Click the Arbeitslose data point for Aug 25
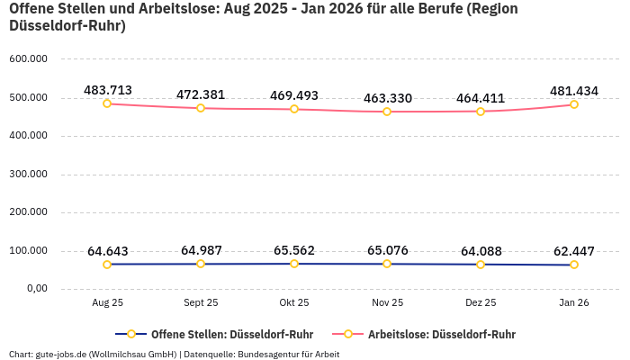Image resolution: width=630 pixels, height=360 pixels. (x=107, y=103)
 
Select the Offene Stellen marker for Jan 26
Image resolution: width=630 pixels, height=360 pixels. (x=574, y=265)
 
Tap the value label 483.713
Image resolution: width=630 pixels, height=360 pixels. (x=108, y=90)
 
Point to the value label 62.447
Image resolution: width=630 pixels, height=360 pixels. (x=574, y=251)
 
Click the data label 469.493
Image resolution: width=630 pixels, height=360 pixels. (x=294, y=95)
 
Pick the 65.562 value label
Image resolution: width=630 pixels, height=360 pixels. (x=294, y=250)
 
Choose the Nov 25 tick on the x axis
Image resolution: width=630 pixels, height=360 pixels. (x=387, y=303)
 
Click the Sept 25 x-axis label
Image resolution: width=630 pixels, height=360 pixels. (x=201, y=303)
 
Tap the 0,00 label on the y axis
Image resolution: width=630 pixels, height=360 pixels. (x=36, y=289)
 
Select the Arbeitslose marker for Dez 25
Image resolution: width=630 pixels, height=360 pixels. (x=481, y=112)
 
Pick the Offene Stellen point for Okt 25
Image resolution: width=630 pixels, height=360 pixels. (x=294, y=264)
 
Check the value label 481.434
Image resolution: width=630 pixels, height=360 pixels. (x=574, y=91)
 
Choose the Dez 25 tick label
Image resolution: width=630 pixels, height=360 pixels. (x=481, y=303)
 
